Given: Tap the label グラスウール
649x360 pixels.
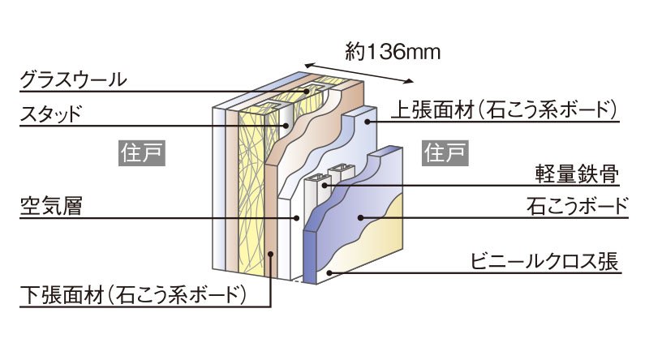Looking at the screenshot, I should (x=74, y=79).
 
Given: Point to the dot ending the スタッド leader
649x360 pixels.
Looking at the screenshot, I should (x=286, y=126).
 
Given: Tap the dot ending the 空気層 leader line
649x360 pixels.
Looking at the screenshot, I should (x=297, y=217).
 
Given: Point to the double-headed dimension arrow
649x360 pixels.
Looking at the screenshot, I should (x=360, y=71).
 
